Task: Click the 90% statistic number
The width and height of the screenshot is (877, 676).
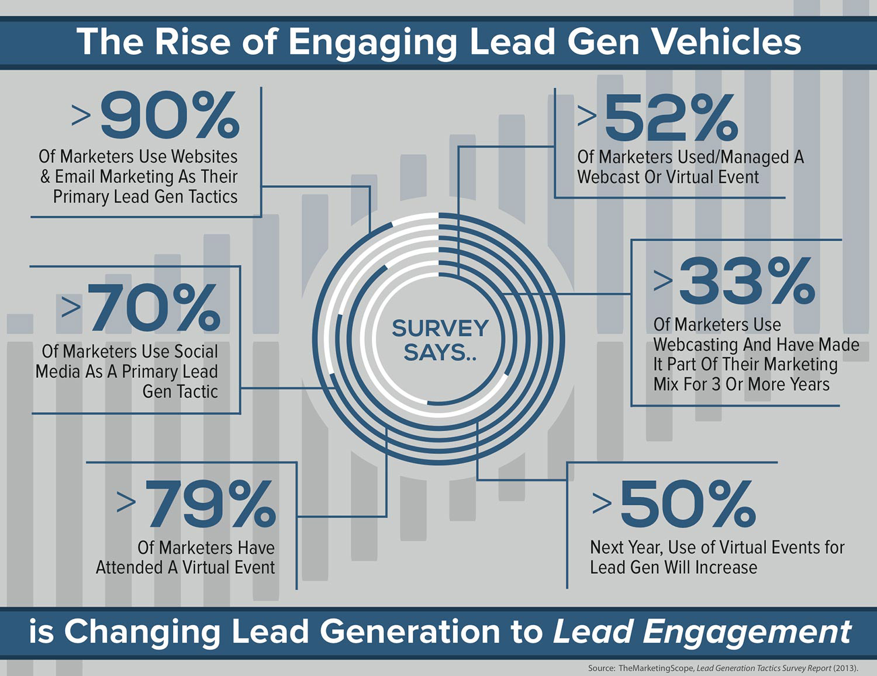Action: (x=170, y=115)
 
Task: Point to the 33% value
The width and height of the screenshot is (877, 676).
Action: (x=747, y=282)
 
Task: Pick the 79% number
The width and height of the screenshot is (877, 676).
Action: (x=210, y=504)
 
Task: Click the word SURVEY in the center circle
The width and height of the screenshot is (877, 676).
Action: (x=440, y=328)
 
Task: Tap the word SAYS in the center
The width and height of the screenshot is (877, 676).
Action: (x=435, y=353)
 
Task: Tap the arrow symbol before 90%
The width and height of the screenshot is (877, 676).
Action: (x=81, y=115)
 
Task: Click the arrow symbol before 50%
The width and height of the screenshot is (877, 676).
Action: (x=602, y=503)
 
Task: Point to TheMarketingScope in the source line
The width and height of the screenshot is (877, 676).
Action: (x=655, y=668)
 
